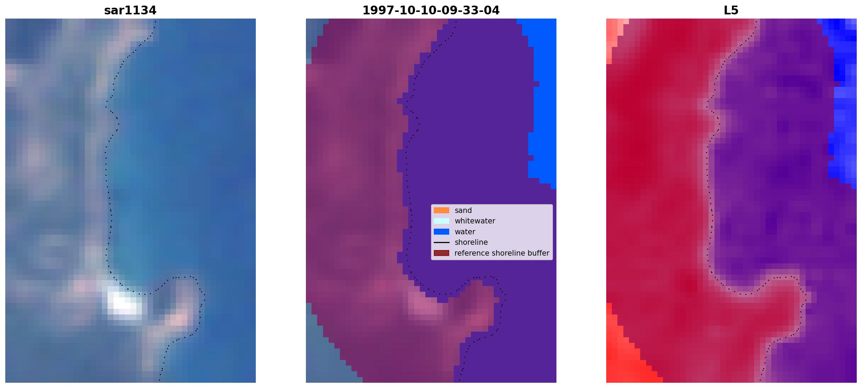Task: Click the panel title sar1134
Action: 130,11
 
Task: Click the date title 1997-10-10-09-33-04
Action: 431,11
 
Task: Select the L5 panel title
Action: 731,11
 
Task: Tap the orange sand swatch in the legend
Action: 441,210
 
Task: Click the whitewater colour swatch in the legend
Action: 441,221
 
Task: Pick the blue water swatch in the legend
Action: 441,231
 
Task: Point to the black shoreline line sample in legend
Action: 441,242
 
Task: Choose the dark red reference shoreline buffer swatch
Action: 441,253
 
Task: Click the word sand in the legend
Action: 463,210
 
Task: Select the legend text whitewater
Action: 475,221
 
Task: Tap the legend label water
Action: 465,232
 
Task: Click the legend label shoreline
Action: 471,242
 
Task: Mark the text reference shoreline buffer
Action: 502,253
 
